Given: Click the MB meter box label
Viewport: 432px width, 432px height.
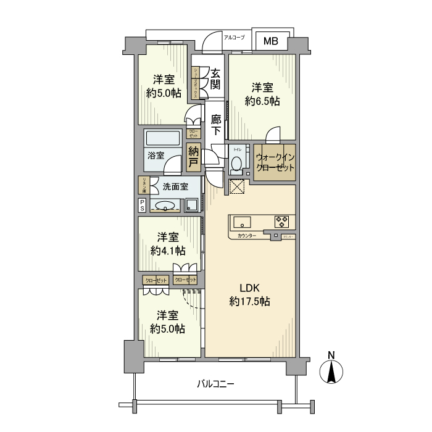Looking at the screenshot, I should pyautogui.click(x=272, y=41).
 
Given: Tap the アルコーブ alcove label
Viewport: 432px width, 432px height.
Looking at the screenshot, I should pyautogui.click(x=234, y=38).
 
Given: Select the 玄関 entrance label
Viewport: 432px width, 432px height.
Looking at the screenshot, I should pyautogui.click(x=215, y=79).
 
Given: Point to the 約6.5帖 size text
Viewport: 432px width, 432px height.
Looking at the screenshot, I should pyautogui.click(x=262, y=101).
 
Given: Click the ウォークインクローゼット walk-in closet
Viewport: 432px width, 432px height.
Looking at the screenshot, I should pyautogui.click(x=275, y=162).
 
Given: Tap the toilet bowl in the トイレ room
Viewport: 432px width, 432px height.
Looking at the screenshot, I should pyautogui.click(x=236, y=165).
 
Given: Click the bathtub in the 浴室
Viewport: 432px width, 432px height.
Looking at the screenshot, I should pyautogui.click(x=164, y=137).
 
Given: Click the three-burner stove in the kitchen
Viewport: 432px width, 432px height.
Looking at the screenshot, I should pyautogui.click(x=282, y=221).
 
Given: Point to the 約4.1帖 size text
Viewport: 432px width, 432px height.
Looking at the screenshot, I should pyautogui.click(x=168, y=250).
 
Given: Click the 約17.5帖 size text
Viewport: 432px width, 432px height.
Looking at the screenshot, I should pyautogui.click(x=249, y=302).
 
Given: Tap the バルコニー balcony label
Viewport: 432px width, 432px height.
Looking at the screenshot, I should pyautogui.click(x=215, y=384).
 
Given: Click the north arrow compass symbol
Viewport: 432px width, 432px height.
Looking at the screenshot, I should pyautogui.click(x=331, y=371).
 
